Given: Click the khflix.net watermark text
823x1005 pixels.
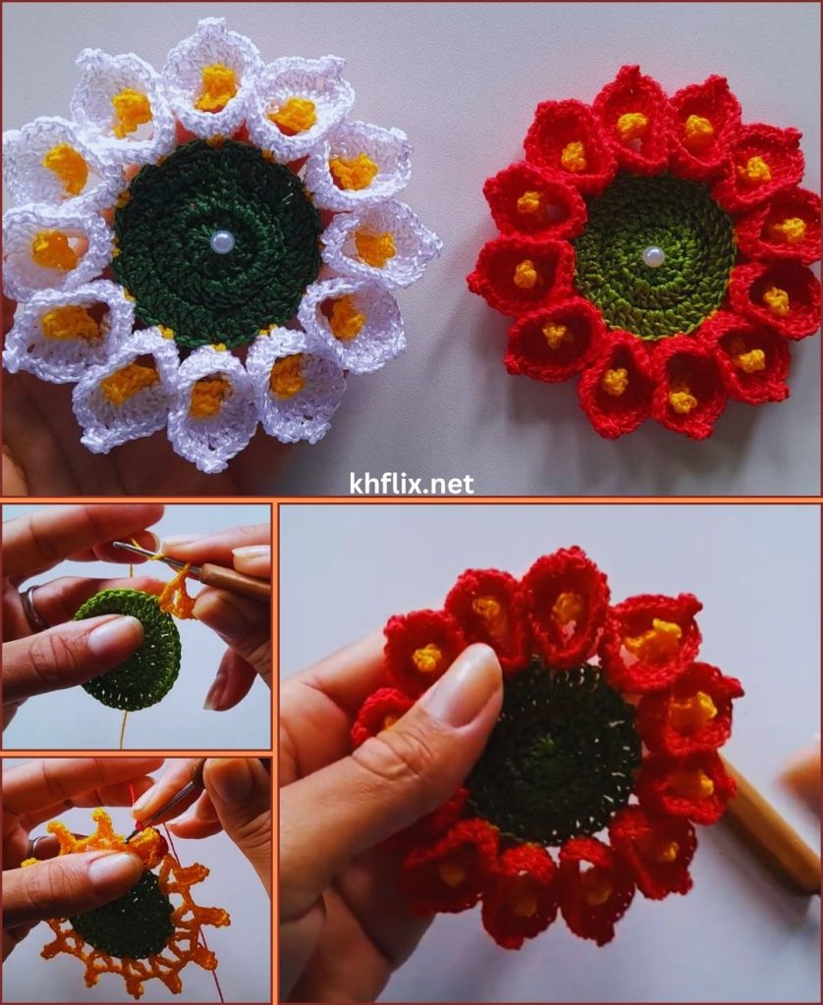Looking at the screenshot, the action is coord(411,483).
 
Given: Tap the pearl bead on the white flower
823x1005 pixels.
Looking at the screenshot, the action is coord(221,241).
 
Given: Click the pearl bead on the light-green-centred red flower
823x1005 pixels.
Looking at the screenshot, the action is coord(653,256).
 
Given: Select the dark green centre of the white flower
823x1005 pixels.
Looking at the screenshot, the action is coord(217,243).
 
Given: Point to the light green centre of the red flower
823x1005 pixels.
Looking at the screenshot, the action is coord(654,256).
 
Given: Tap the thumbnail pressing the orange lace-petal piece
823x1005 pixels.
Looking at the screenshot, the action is coord(116,873).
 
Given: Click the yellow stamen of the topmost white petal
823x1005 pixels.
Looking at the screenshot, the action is coord(216,86).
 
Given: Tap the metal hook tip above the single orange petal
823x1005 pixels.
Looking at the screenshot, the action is coord(119,545).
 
